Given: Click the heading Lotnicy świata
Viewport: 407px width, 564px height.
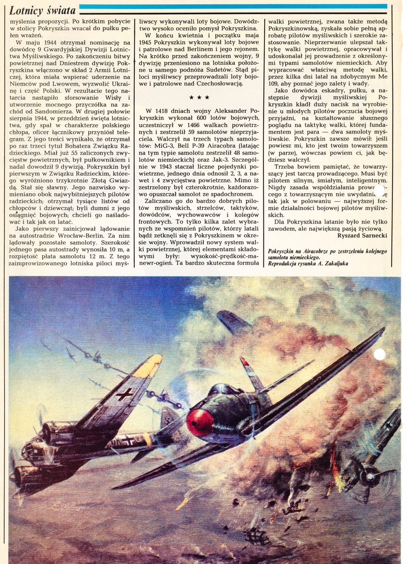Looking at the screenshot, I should point(42,10).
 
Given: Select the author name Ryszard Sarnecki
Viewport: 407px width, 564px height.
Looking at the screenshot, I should point(363,235).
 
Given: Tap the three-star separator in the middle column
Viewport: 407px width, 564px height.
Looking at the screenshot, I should point(199,97).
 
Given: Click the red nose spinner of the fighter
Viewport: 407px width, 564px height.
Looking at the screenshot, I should point(200,422).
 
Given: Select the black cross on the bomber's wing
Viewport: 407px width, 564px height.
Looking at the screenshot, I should point(124,394).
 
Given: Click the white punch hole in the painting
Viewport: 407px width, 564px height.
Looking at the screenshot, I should point(379,354).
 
